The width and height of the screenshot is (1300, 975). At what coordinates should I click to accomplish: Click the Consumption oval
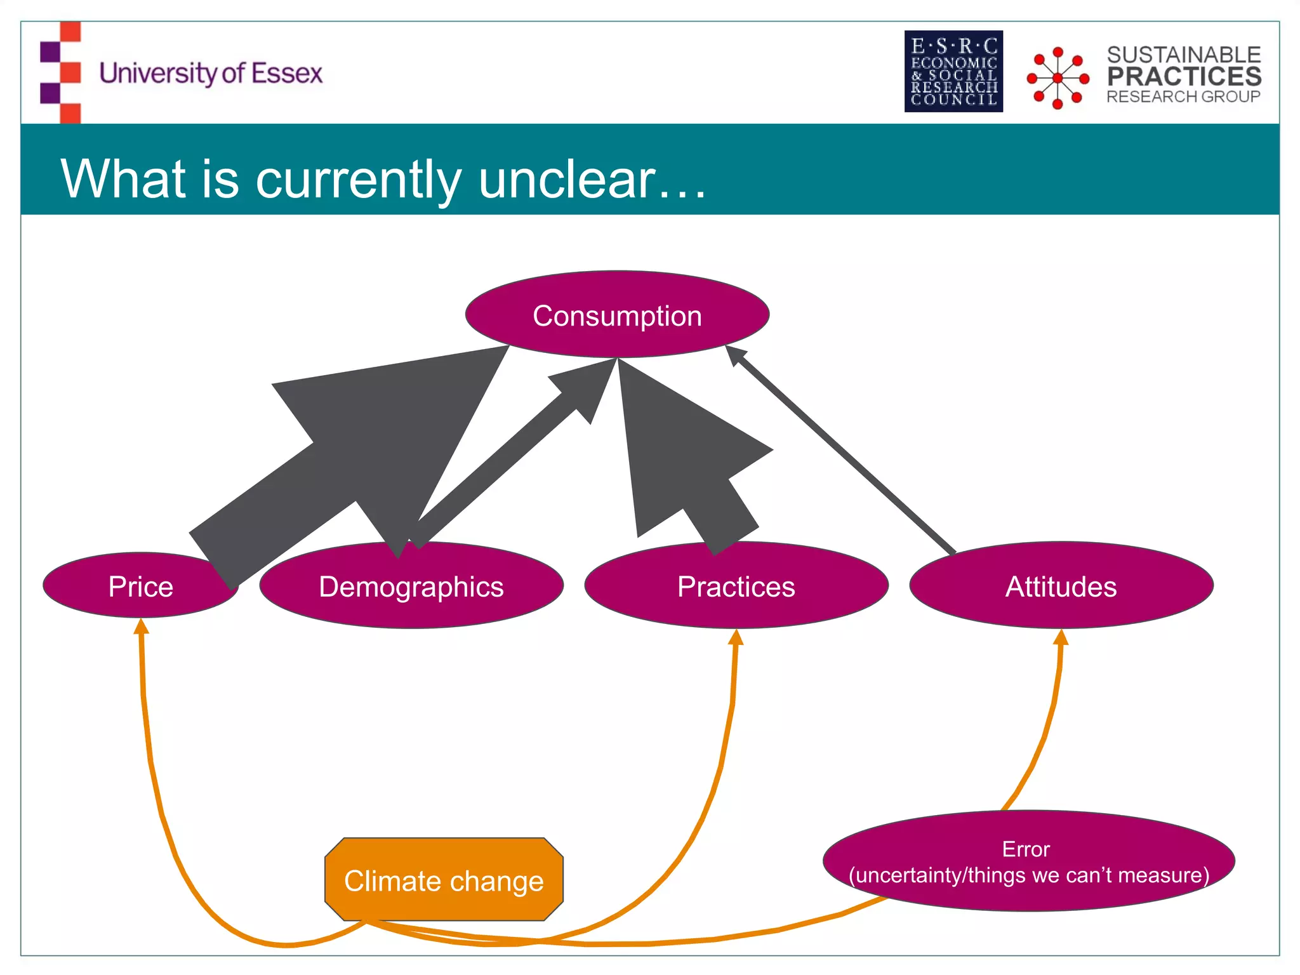(x=617, y=315)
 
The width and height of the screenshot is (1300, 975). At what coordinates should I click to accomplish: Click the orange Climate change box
(x=444, y=880)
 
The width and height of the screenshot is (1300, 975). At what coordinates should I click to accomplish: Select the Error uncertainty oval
(x=1028, y=862)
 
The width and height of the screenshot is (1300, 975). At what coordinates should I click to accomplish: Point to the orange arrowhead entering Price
(x=142, y=627)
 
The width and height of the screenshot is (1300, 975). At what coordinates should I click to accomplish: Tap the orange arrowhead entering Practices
(x=736, y=637)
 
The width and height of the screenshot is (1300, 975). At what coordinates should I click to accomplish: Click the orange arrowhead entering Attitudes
(x=1061, y=637)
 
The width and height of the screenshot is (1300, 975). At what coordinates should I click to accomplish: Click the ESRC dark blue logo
(x=953, y=72)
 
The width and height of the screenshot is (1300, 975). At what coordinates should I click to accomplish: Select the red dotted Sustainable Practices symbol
(x=1058, y=77)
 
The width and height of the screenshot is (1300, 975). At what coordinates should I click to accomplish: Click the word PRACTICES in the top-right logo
(x=1184, y=77)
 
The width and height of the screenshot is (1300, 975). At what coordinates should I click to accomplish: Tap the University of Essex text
(x=211, y=73)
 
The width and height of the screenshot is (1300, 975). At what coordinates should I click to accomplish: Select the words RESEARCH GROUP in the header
(x=1183, y=97)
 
